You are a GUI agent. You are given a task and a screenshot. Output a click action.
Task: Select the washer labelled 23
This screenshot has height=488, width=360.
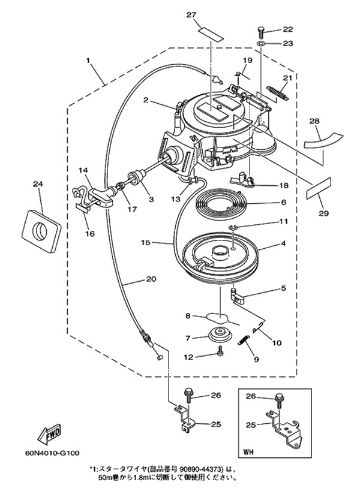(261, 44)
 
